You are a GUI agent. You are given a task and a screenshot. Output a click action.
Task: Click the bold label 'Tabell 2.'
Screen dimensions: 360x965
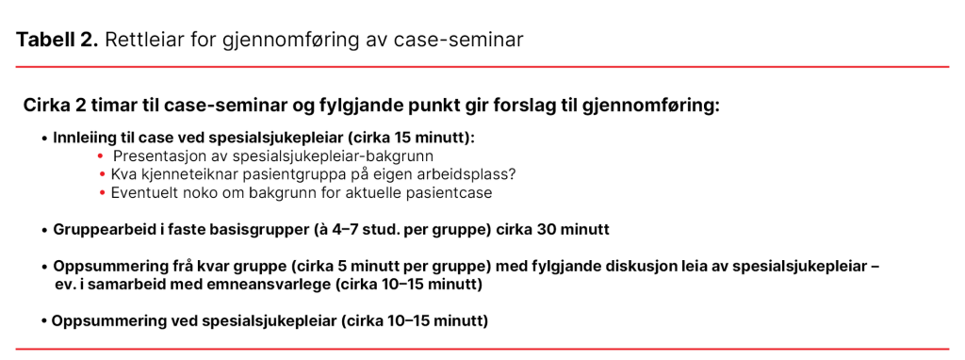(57, 40)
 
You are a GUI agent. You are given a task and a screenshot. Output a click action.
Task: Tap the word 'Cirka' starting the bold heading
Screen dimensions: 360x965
(48, 105)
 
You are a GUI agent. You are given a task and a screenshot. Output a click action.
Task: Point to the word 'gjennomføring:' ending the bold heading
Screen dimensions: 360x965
(653, 105)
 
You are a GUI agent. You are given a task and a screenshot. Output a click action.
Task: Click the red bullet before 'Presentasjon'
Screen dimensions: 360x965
(101, 155)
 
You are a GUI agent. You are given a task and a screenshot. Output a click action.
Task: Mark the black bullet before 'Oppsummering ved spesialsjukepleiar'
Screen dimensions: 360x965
(44, 321)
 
